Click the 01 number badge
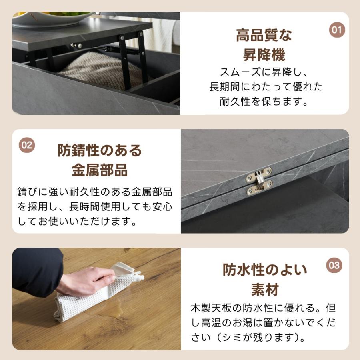click(x=337, y=30)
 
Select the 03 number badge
click(x=334, y=265)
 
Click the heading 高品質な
click(x=264, y=36)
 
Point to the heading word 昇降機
click(x=264, y=55)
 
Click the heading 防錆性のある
click(x=100, y=151)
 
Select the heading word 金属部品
click(x=100, y=170)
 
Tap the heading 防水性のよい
click(x=265, y=270)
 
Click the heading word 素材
click(x=265, y=289)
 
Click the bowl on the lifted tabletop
click(x=52, y=18)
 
